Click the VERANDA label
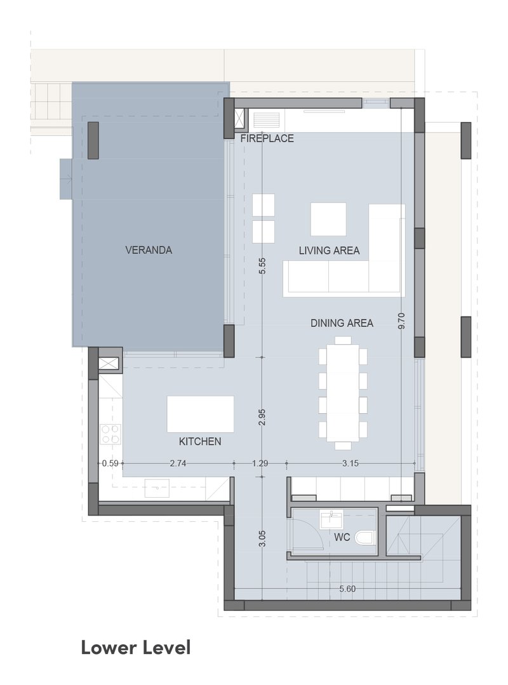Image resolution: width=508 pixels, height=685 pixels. [x=149, y=250]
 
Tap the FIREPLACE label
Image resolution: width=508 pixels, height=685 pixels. [x=267, y=138]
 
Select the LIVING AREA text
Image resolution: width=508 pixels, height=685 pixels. [x=330, y=250]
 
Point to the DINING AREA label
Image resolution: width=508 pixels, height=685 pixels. [x=342, y=323]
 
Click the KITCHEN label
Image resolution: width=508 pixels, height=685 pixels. [x=200, y=441]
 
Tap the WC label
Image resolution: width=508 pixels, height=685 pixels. [x=342, y=537]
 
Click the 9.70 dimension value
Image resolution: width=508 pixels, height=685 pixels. [x=402, y=321]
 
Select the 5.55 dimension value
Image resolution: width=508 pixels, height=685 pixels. [x=262, y=265]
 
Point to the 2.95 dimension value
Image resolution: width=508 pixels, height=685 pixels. [x=262, y=416]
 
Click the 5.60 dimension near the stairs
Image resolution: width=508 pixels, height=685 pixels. [x=348, y=589]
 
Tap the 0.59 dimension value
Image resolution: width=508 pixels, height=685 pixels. [x=110, y=463]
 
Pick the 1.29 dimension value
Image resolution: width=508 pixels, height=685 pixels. [x=260, y=463]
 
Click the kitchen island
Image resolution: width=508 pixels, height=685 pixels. [x=201, y=414]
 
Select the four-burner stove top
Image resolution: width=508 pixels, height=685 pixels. [x=110, y=434]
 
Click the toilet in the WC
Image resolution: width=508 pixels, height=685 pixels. [x=365, y=538]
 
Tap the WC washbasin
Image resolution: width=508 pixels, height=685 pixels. [x=332, y=519]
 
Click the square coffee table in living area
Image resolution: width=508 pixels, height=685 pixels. [x=328, y=219]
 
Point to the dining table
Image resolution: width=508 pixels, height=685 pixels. [x=343, y=393]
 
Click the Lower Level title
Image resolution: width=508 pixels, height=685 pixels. [x=136, y=648]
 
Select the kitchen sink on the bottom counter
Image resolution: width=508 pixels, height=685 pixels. [x=157, y=488]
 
